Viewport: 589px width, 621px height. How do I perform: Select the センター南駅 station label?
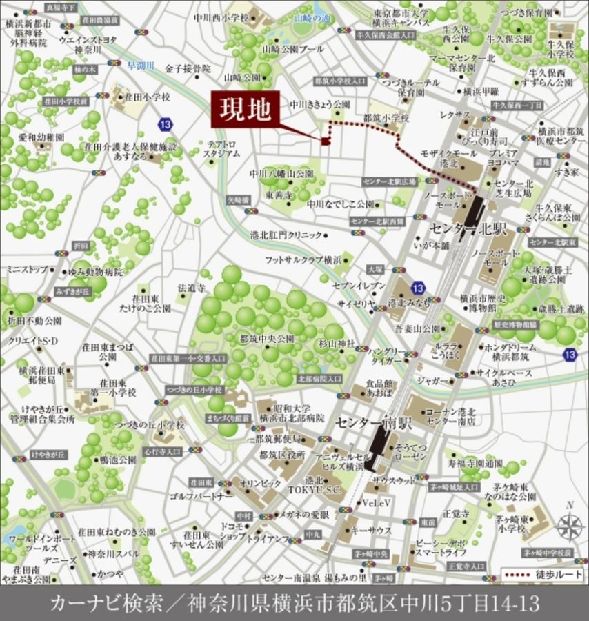372,422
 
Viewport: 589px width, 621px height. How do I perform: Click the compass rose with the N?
570,526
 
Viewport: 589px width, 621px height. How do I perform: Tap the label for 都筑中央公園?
267,339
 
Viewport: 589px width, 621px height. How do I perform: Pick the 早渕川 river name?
143,66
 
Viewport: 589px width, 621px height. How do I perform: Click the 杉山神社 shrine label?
337,343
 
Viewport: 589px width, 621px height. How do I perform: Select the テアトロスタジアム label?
222,148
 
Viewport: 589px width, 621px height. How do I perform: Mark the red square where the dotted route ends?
325,141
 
